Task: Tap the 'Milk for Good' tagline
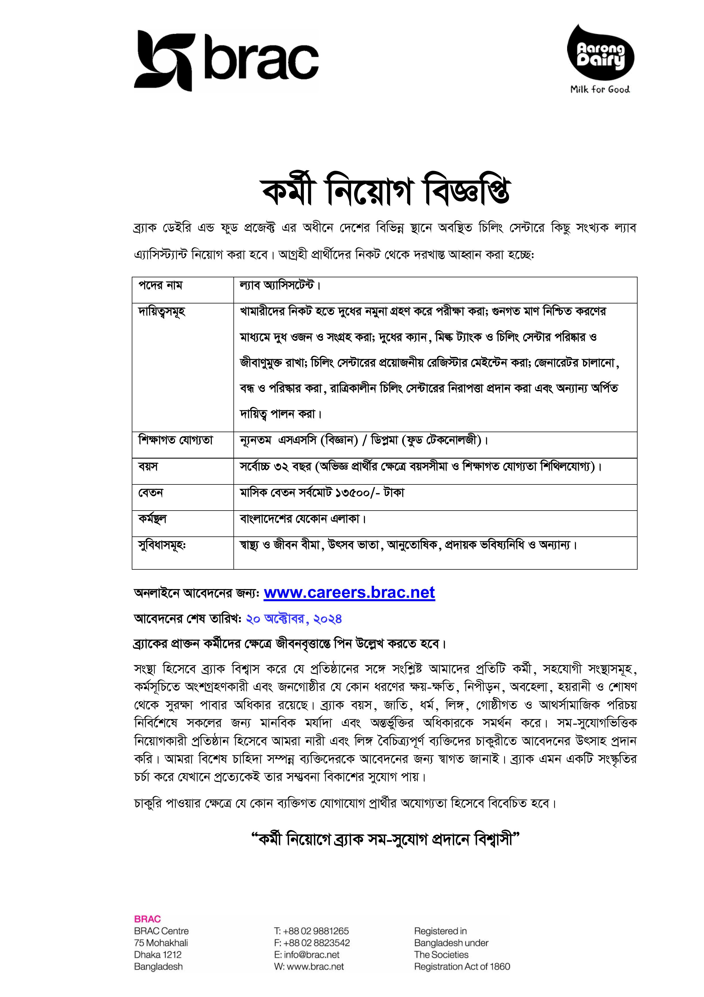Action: coord(600,89)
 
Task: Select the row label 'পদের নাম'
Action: coord(160,286)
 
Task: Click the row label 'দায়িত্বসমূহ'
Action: coord(162,312)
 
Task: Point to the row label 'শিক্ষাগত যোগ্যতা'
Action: coord(176,440)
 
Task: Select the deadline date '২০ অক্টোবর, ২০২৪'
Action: coord(294,619)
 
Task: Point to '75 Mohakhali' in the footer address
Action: coord(161,943)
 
